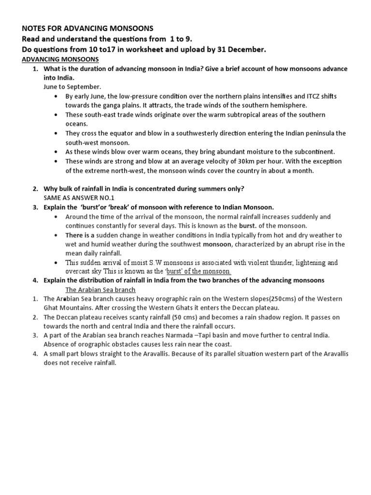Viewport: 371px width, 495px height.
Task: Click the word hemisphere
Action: (289, 105)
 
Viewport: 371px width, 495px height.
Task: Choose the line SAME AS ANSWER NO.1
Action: (79, 198)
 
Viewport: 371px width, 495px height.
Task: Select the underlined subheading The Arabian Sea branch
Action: (100, 290)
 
